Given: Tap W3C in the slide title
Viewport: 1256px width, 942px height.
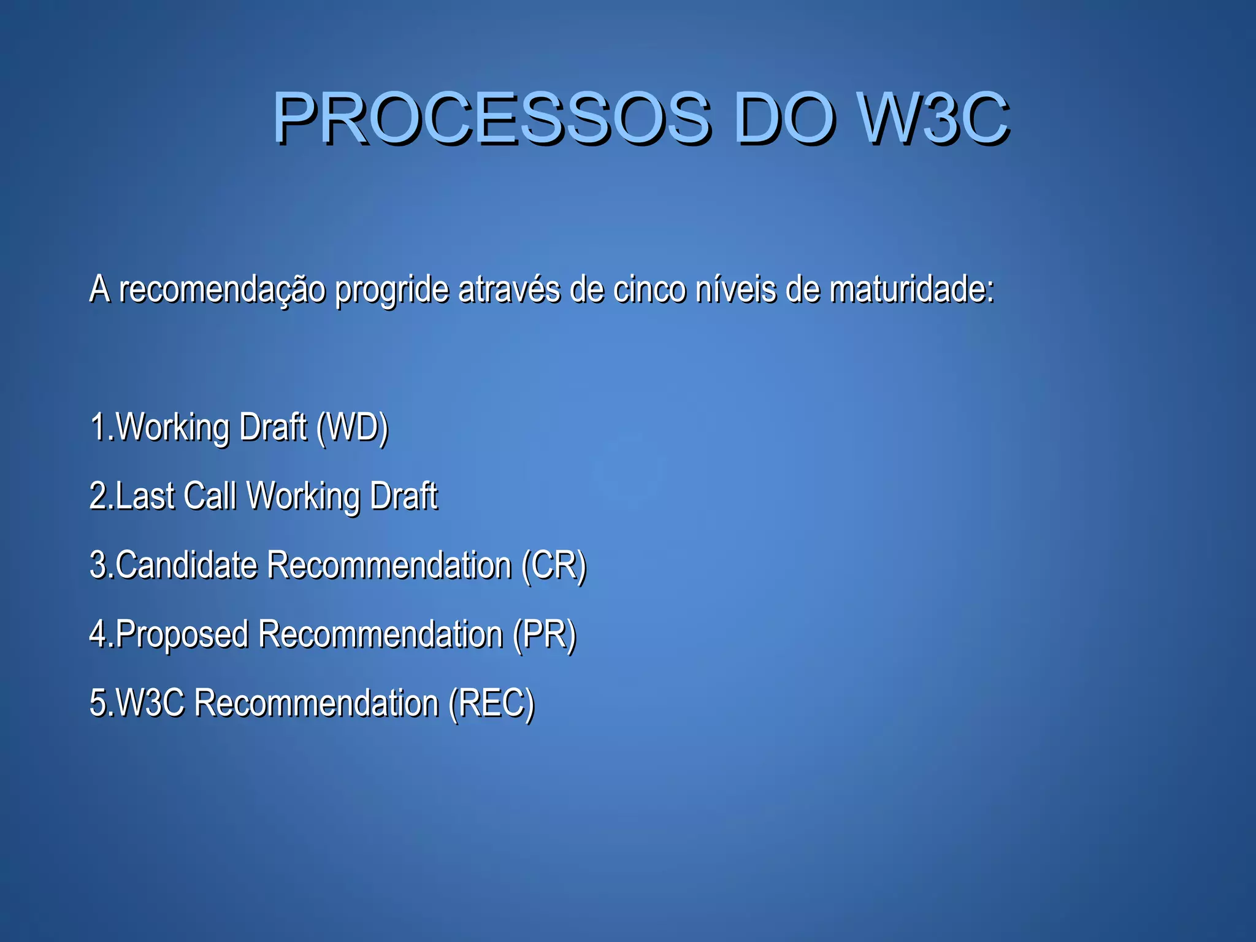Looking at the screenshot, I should [x=933, y=118].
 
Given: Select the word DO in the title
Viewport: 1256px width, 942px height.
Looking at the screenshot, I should [x=785, y=118].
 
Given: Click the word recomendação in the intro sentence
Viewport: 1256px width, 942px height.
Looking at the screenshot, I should [x=223, y=290].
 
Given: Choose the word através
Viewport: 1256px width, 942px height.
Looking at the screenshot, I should [x=509, y=289].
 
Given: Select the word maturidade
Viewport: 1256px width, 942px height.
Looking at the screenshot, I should [x=911, y=289].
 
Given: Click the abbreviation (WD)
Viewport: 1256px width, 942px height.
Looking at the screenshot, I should [x=353, y=427].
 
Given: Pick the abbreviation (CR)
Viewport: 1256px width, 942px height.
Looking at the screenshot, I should [x=554, y=565].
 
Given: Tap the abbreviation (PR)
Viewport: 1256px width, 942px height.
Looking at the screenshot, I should [x=545, y=634].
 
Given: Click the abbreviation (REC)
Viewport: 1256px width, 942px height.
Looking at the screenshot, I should [x=491, y=703].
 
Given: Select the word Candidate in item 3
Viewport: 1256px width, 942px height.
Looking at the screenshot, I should [x=186, y=565].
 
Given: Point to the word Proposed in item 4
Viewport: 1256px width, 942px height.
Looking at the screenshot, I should [x=182, y=634].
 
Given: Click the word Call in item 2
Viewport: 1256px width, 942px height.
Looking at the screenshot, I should [x=210, y=496].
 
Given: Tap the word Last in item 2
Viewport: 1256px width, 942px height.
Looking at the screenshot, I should [x=145, y=496].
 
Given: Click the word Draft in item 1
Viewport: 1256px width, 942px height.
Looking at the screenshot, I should [x=273, y=427].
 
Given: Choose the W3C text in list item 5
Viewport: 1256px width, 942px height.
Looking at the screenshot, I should [x=150, y=703].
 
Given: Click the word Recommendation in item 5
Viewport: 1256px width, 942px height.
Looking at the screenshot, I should [x=316, y=703].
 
